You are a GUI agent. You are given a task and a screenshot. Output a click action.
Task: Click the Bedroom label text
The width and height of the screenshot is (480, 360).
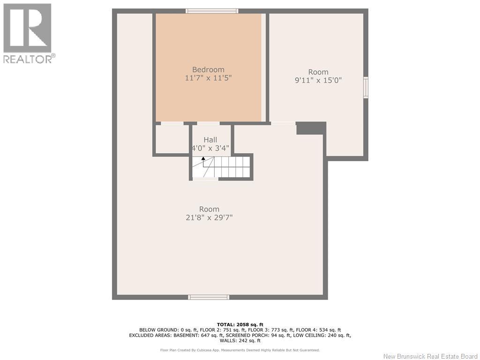pos(208,70)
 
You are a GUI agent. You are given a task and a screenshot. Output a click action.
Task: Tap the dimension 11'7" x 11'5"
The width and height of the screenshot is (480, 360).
pos(208,78)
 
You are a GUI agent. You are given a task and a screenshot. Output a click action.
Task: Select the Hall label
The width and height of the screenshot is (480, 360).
pos(210,140)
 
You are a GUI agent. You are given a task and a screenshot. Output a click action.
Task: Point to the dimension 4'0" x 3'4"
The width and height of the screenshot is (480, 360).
pos(210,148)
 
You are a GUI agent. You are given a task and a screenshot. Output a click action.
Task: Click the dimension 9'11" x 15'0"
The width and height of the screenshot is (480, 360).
pos(318,81)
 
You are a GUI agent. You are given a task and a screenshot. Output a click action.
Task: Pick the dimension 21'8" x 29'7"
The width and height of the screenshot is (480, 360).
pos(209,217)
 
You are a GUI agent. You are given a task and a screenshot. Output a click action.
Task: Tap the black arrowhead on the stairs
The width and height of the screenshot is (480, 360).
pos(203,158)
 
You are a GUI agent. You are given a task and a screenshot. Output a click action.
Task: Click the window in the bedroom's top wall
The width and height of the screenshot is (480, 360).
pos(212,11)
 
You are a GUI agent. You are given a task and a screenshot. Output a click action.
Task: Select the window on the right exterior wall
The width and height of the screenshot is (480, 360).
pos(366,88)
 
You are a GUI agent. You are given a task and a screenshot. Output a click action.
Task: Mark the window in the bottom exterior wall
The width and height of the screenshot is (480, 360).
pos(209,297)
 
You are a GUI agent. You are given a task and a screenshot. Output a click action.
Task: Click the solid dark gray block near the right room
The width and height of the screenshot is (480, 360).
pos(311,128)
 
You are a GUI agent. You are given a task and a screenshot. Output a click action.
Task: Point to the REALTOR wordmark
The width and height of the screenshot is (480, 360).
pos(30,59)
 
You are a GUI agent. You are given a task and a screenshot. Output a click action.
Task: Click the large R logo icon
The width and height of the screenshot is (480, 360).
pos(27,28)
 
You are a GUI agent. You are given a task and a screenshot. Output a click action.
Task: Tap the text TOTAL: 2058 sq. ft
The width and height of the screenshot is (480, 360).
pos(240,324)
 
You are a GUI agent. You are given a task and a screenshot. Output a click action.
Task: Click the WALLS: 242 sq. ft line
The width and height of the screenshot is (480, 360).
pos(240,340)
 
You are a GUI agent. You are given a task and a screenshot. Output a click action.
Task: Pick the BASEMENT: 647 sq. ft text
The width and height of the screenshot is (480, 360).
pos(198,335)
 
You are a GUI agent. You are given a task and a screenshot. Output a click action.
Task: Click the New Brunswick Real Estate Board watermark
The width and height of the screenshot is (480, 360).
pos(430,356)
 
